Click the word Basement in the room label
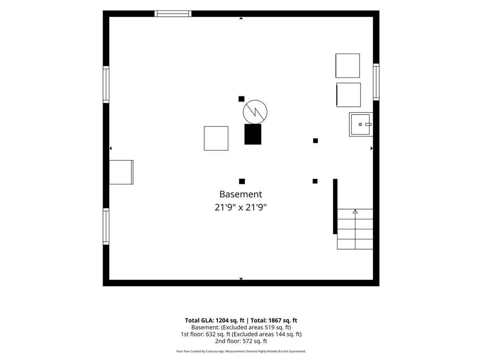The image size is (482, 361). click(x=241, y=194)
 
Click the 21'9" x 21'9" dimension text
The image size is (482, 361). click(x=241, y=207)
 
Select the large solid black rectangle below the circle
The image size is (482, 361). click(x=253, y=134)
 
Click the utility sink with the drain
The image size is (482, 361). click(x=361, y=124)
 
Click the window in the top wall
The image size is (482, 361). click(x=173, y=14)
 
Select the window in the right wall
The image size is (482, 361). click(x=376, y=82)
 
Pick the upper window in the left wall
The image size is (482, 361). click(x=106, y=85)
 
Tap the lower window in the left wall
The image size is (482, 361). click(x=106, y=227)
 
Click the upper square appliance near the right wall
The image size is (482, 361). click(x=348, y=66)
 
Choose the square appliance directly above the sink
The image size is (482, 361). click(x=349, y=95)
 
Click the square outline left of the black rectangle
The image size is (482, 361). click(x=216, y=139)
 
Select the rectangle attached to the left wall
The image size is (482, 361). click(x=121, y=172)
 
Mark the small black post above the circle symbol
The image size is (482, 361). click(x=241, y=99)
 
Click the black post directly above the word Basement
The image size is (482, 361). click(x=242, y=181)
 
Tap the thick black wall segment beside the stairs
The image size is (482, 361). click(x=335, y=206)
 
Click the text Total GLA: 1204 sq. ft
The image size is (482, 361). click(x=215, y=321)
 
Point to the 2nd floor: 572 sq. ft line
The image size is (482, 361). click(x=241, y=341)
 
